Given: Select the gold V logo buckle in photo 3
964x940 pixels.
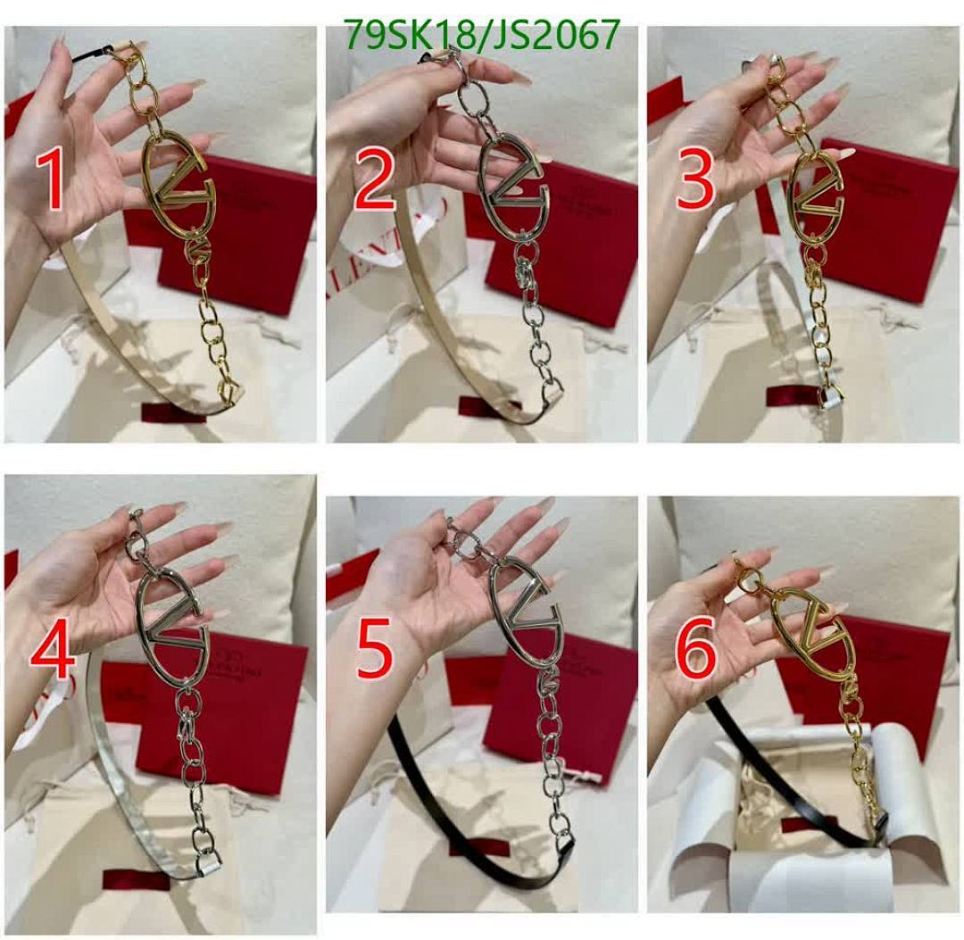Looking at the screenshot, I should pos(816,197).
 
